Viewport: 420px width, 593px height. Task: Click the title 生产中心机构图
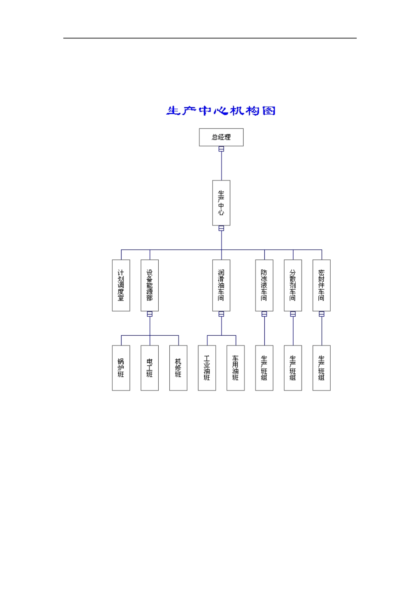click(221, 110)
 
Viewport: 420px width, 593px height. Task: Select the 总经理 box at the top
click(221, 137)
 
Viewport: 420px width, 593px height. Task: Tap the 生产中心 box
click(221, 203)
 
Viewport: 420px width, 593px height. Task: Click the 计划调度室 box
click(121, 285)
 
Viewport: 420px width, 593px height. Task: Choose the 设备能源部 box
click(150, 285)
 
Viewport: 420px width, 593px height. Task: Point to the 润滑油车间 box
click(221, 285)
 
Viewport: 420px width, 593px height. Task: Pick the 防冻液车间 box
click(264, 285)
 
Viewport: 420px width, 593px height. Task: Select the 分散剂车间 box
click(293, 285)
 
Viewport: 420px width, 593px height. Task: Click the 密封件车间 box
click(321, 285)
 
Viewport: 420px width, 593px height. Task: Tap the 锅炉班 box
click(121, 368)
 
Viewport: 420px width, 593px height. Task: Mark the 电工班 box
click(150, 368)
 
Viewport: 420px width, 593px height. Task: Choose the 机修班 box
click(178, 368)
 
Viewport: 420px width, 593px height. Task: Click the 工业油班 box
click(207, 368)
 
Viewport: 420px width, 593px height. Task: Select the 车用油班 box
click(236, 368)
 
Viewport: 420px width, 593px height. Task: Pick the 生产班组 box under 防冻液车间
click(264, 368)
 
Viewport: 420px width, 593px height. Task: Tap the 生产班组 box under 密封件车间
click(321, 368)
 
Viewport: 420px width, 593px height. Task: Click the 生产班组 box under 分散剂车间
click(293, 368)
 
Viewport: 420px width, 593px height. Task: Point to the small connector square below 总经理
click(221, 149)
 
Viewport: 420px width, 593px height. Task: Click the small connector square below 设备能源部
click(150, 314)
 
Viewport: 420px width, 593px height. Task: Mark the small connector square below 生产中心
click(221, 229)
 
